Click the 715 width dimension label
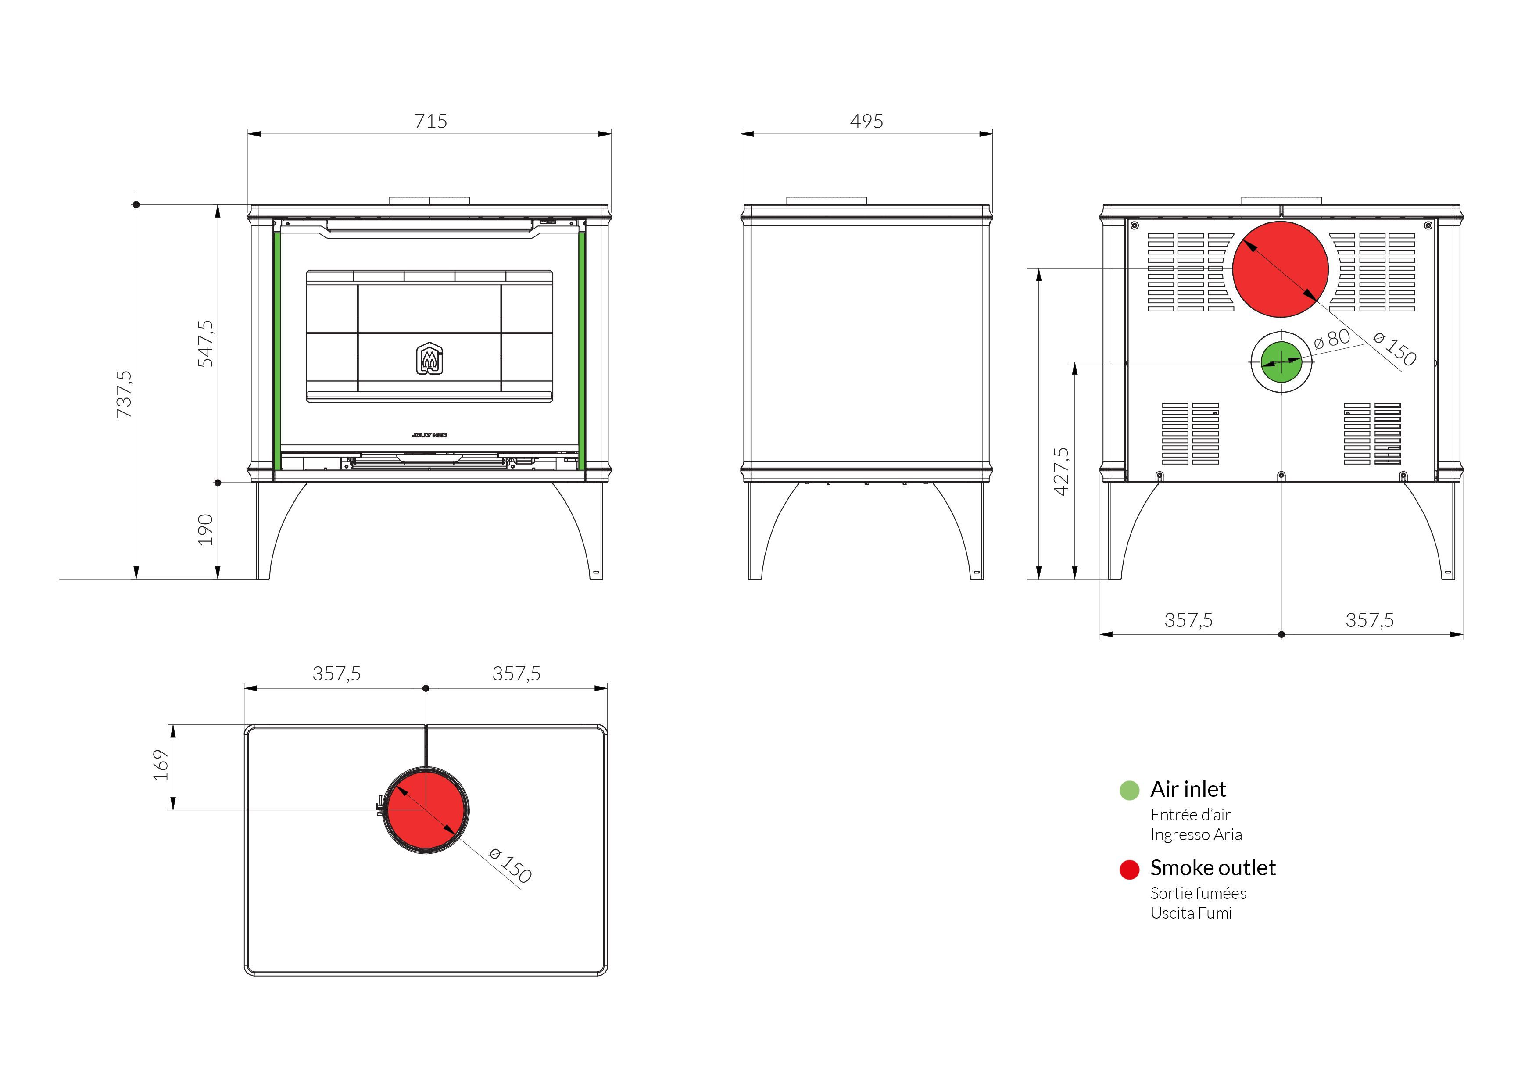430,122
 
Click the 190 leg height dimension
206,530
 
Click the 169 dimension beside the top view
161,766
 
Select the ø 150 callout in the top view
511,865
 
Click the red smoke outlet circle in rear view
1280,269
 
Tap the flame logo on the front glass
429,358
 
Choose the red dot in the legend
1129,870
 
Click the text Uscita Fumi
1191,913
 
